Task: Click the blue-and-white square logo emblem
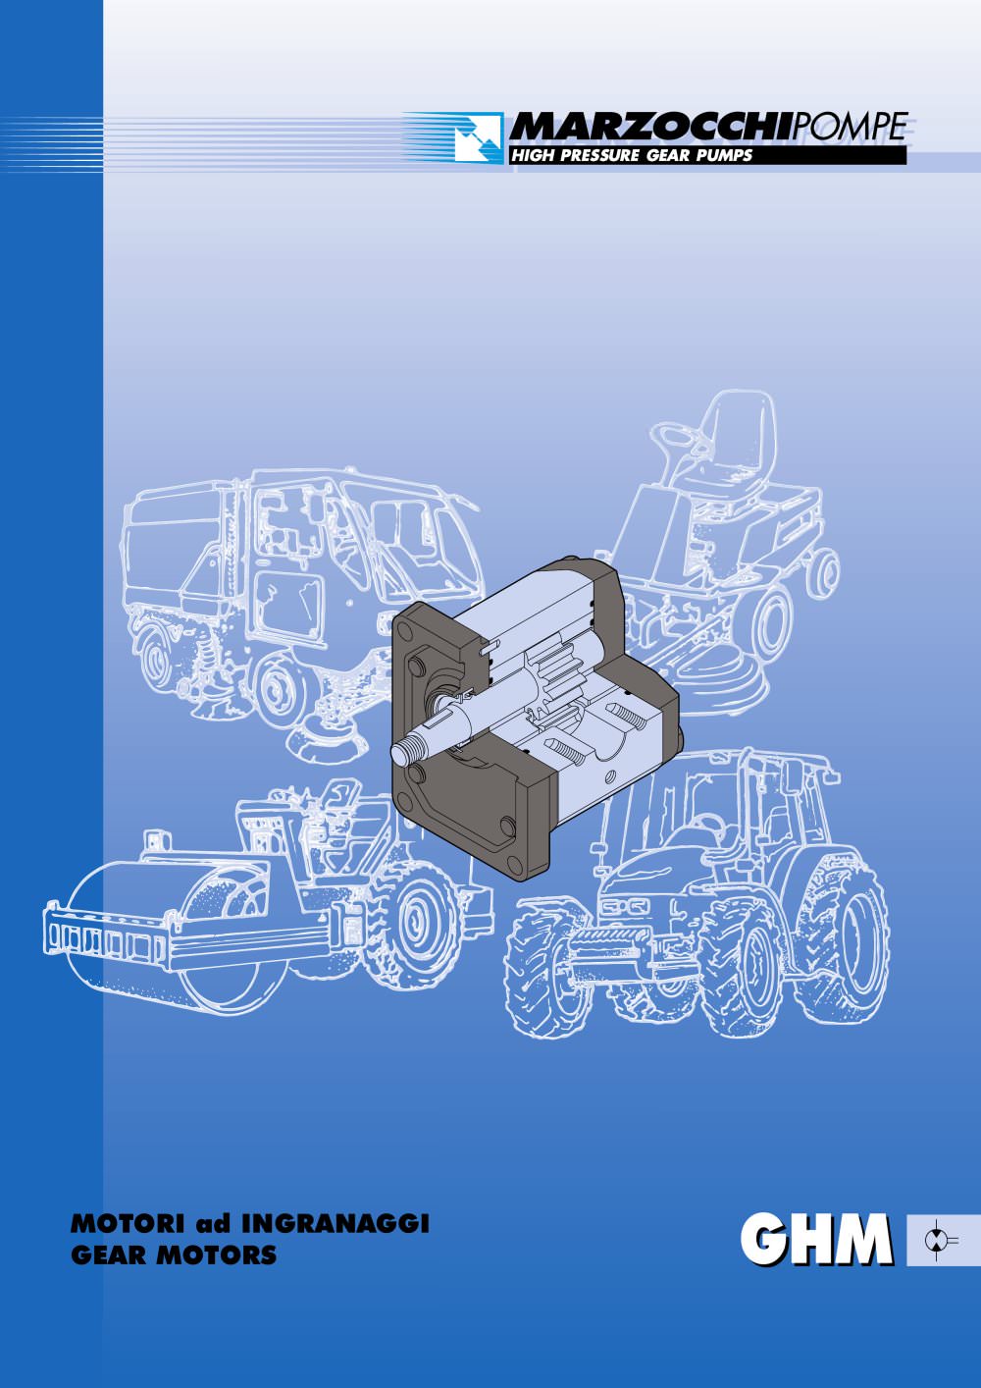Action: [x=479, y=137]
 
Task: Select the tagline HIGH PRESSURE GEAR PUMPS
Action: [x=631, y=155]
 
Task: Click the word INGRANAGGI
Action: [x=335, y=1224]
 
